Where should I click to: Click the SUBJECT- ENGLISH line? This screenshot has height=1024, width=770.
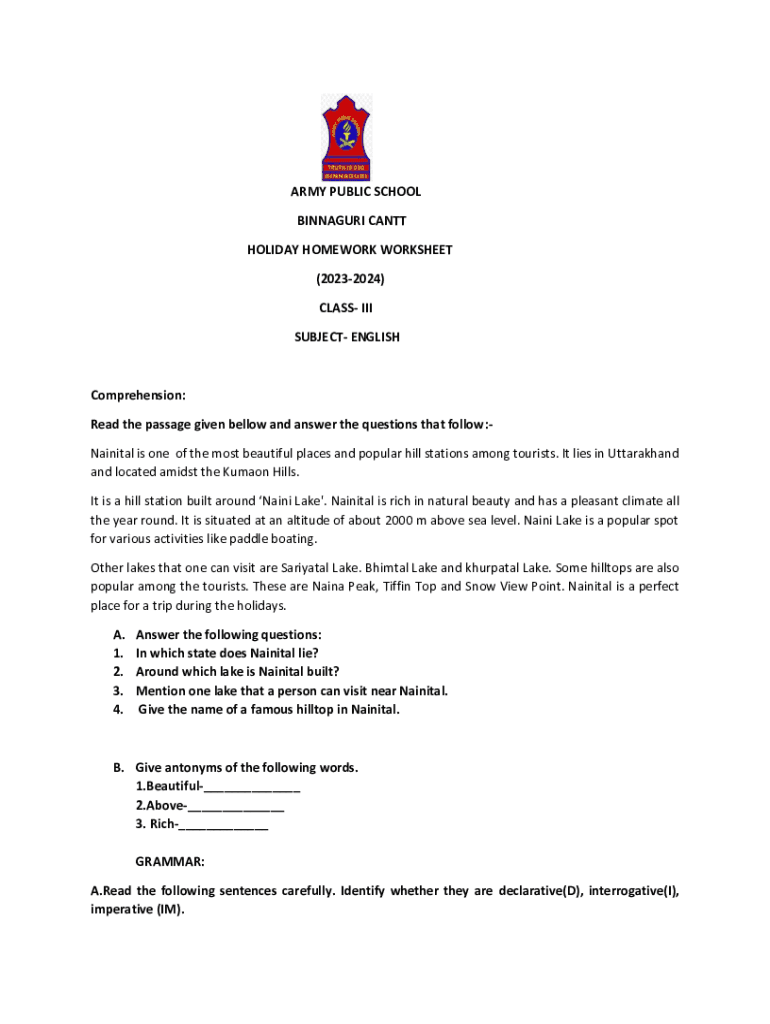[346, 337]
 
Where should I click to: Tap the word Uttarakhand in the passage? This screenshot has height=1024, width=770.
[639, 454]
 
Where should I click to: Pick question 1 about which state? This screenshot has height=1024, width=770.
[227, 653]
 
